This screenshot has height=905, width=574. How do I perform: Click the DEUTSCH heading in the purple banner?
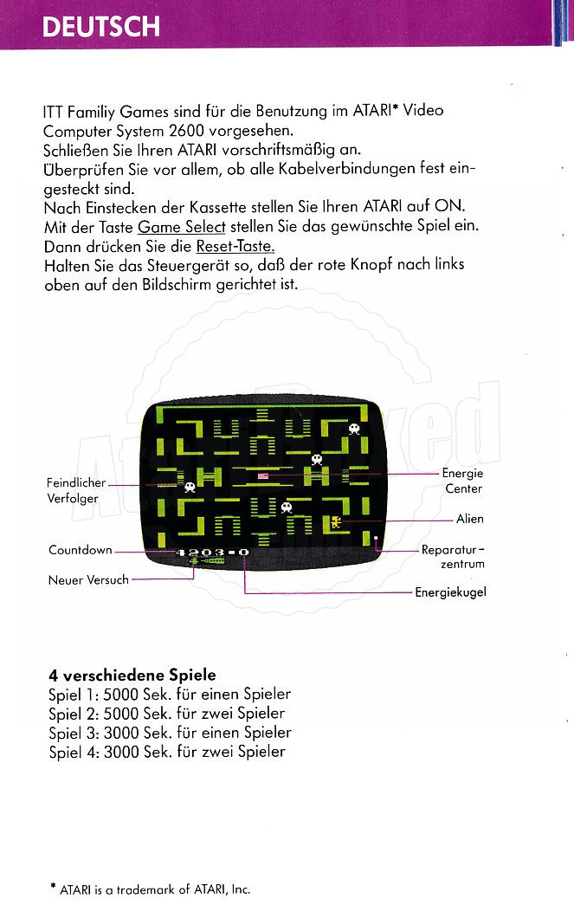[100, 26]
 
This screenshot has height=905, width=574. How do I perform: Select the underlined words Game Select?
[181, 227]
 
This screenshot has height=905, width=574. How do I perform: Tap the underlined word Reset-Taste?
[235, 246]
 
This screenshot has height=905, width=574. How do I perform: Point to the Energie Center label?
[463, 481]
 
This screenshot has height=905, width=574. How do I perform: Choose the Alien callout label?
[470, 519]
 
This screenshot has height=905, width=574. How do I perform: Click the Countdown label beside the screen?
[81, 550]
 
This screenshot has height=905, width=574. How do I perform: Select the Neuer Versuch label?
[87, 579]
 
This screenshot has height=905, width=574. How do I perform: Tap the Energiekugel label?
[450, 592]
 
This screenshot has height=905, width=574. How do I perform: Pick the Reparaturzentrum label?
[453, 557]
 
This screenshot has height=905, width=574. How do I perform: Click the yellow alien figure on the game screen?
[335, 522]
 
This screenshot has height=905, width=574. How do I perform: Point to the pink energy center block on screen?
[262, 475]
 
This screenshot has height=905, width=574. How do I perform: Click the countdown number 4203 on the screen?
[200, 552]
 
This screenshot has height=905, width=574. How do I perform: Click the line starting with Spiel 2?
[166, 714]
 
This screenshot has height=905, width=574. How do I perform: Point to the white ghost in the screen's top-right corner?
[353, 429]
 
